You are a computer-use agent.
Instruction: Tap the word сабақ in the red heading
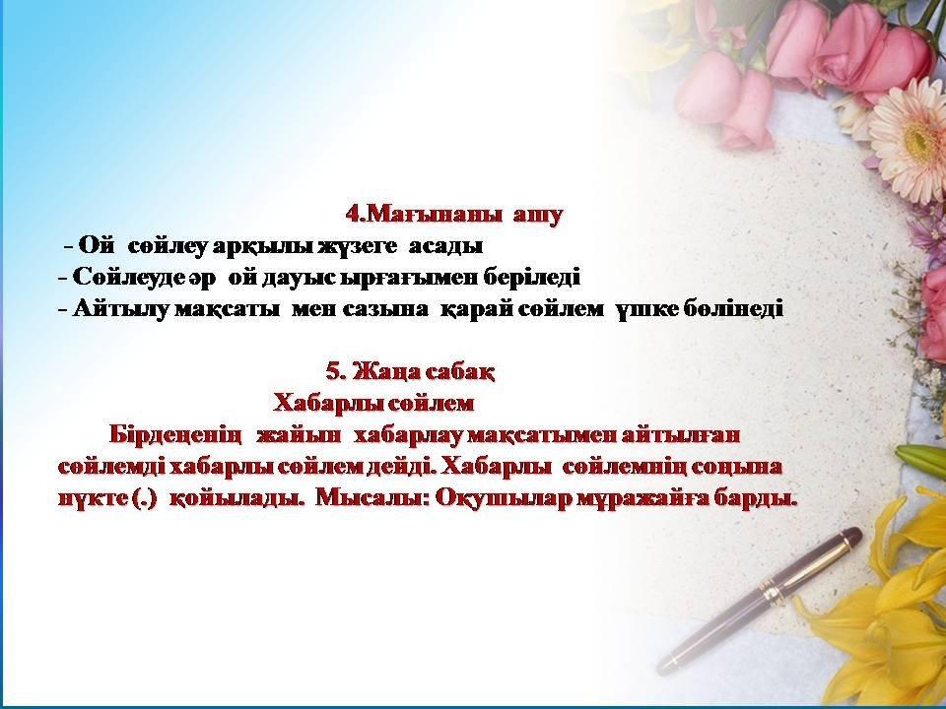point(460,372)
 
